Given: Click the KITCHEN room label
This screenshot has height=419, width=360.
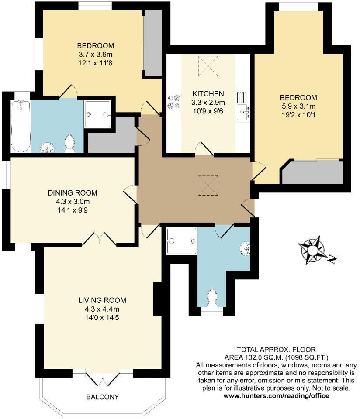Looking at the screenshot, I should click(x=208, y=93).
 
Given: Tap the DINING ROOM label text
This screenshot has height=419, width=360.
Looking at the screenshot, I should click(x=73, y=193).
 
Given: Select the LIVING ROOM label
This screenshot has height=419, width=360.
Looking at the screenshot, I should click(x=102, y=300).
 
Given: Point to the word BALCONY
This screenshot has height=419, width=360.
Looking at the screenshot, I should click(x=102, y=397).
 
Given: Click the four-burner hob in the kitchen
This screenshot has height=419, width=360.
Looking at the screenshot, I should click(x=173, y=102).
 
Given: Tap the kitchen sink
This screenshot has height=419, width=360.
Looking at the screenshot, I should click(x=243, y=113).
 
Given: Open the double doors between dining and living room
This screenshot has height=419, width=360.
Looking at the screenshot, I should click(x=100, y=238).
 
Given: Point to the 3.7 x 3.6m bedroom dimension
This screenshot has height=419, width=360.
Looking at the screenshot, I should click(x=95, y=55).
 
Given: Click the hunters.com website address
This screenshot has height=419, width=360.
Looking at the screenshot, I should click(x=276, y=396).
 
